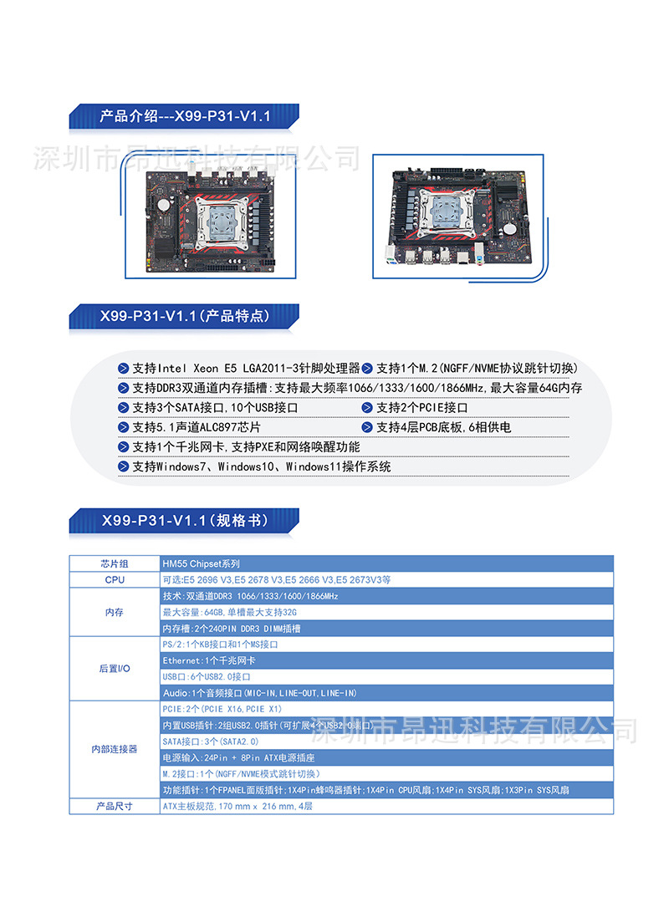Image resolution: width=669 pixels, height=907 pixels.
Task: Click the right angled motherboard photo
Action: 457,217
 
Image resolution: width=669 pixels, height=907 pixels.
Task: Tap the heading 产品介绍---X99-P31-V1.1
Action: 185,116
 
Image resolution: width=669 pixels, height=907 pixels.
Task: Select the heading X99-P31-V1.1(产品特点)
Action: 184,316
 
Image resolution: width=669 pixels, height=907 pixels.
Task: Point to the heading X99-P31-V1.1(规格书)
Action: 184,521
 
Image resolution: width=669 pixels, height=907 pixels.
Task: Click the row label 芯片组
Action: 115,563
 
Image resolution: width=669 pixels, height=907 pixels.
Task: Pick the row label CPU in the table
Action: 115,579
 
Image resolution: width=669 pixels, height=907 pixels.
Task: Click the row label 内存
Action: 115,612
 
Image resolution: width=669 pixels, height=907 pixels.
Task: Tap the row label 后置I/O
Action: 115,669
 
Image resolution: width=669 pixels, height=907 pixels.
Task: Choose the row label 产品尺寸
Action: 115,807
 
